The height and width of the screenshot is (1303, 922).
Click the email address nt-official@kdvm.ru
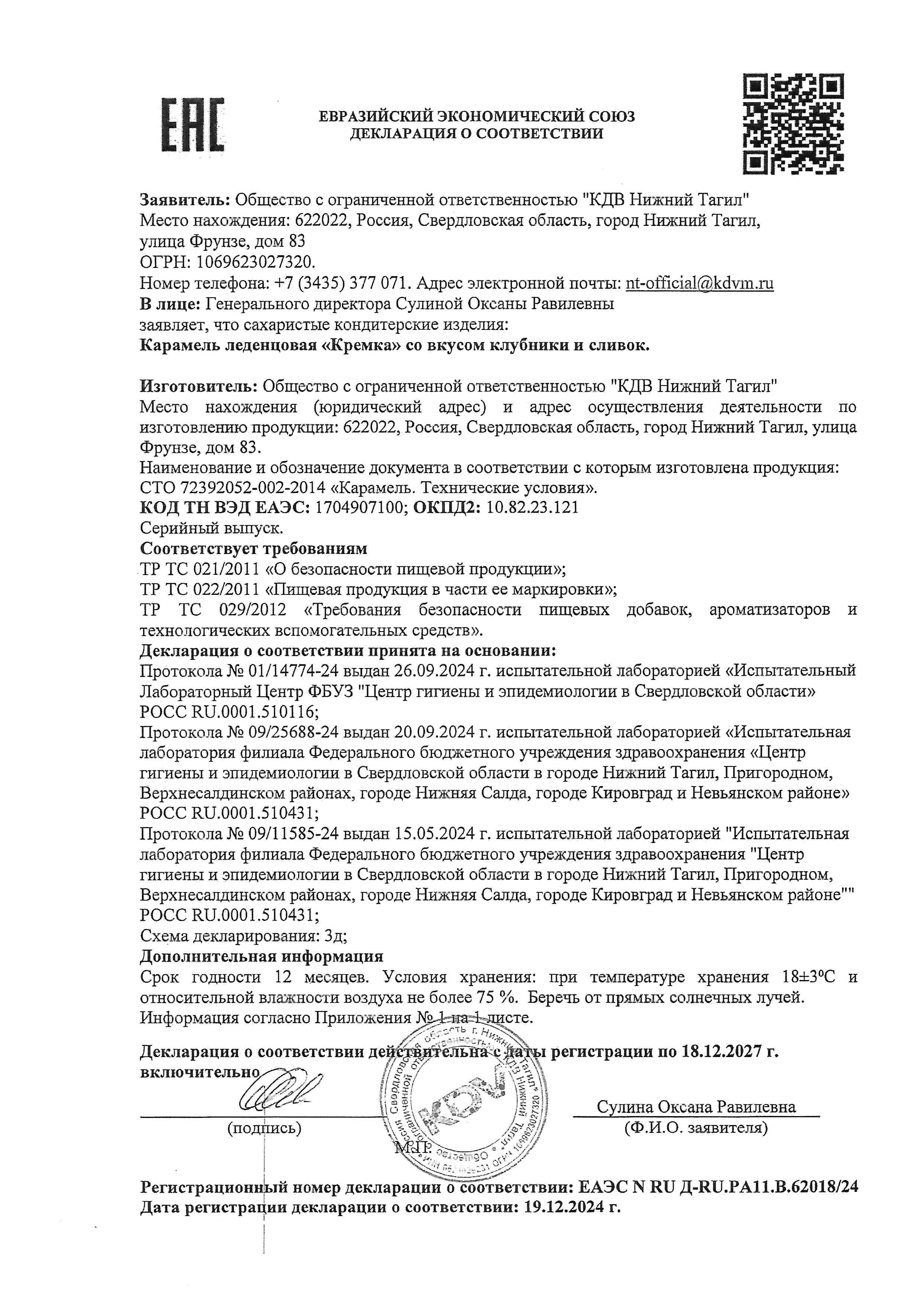tap(699, 283)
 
